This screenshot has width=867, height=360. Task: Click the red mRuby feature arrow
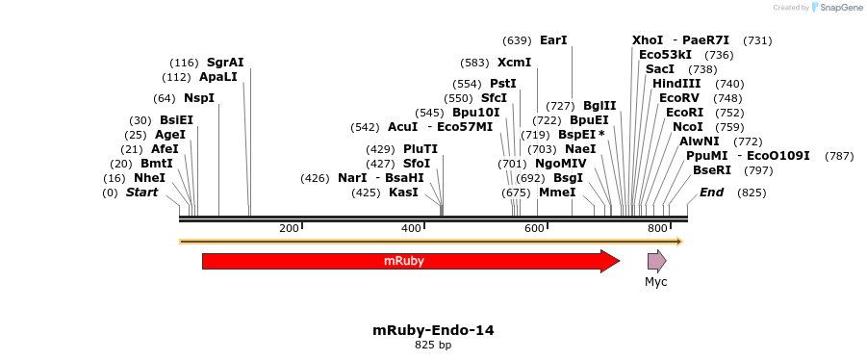(x=412, y=261)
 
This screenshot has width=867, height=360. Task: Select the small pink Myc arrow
(x=657, y=261)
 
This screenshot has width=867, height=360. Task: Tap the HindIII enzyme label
(x=676, y=84)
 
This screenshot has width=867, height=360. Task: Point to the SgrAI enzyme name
(x=225, y=62)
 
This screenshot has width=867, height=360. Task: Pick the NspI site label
(x=199, y=98)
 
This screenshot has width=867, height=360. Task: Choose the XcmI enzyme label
(x=514, y=62)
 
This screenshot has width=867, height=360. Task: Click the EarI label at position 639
(x=553, y=39)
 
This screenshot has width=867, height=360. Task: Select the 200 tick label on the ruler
(x=289, y=228)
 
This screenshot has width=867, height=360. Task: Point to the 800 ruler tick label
(x=657, y=228)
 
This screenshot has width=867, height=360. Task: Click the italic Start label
(x=142, y=193)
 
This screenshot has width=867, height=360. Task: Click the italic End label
(x=712, y=193)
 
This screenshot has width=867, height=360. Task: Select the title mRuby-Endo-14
(x=433, y=331)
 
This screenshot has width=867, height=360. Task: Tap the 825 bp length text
(x=433, y=345)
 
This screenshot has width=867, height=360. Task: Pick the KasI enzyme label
(x=403, y=193)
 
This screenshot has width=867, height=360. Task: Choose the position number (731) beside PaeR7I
(x=757, y=40)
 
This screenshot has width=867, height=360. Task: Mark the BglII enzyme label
(x=599, y=106)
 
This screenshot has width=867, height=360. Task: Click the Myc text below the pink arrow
(x=656, y=282)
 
